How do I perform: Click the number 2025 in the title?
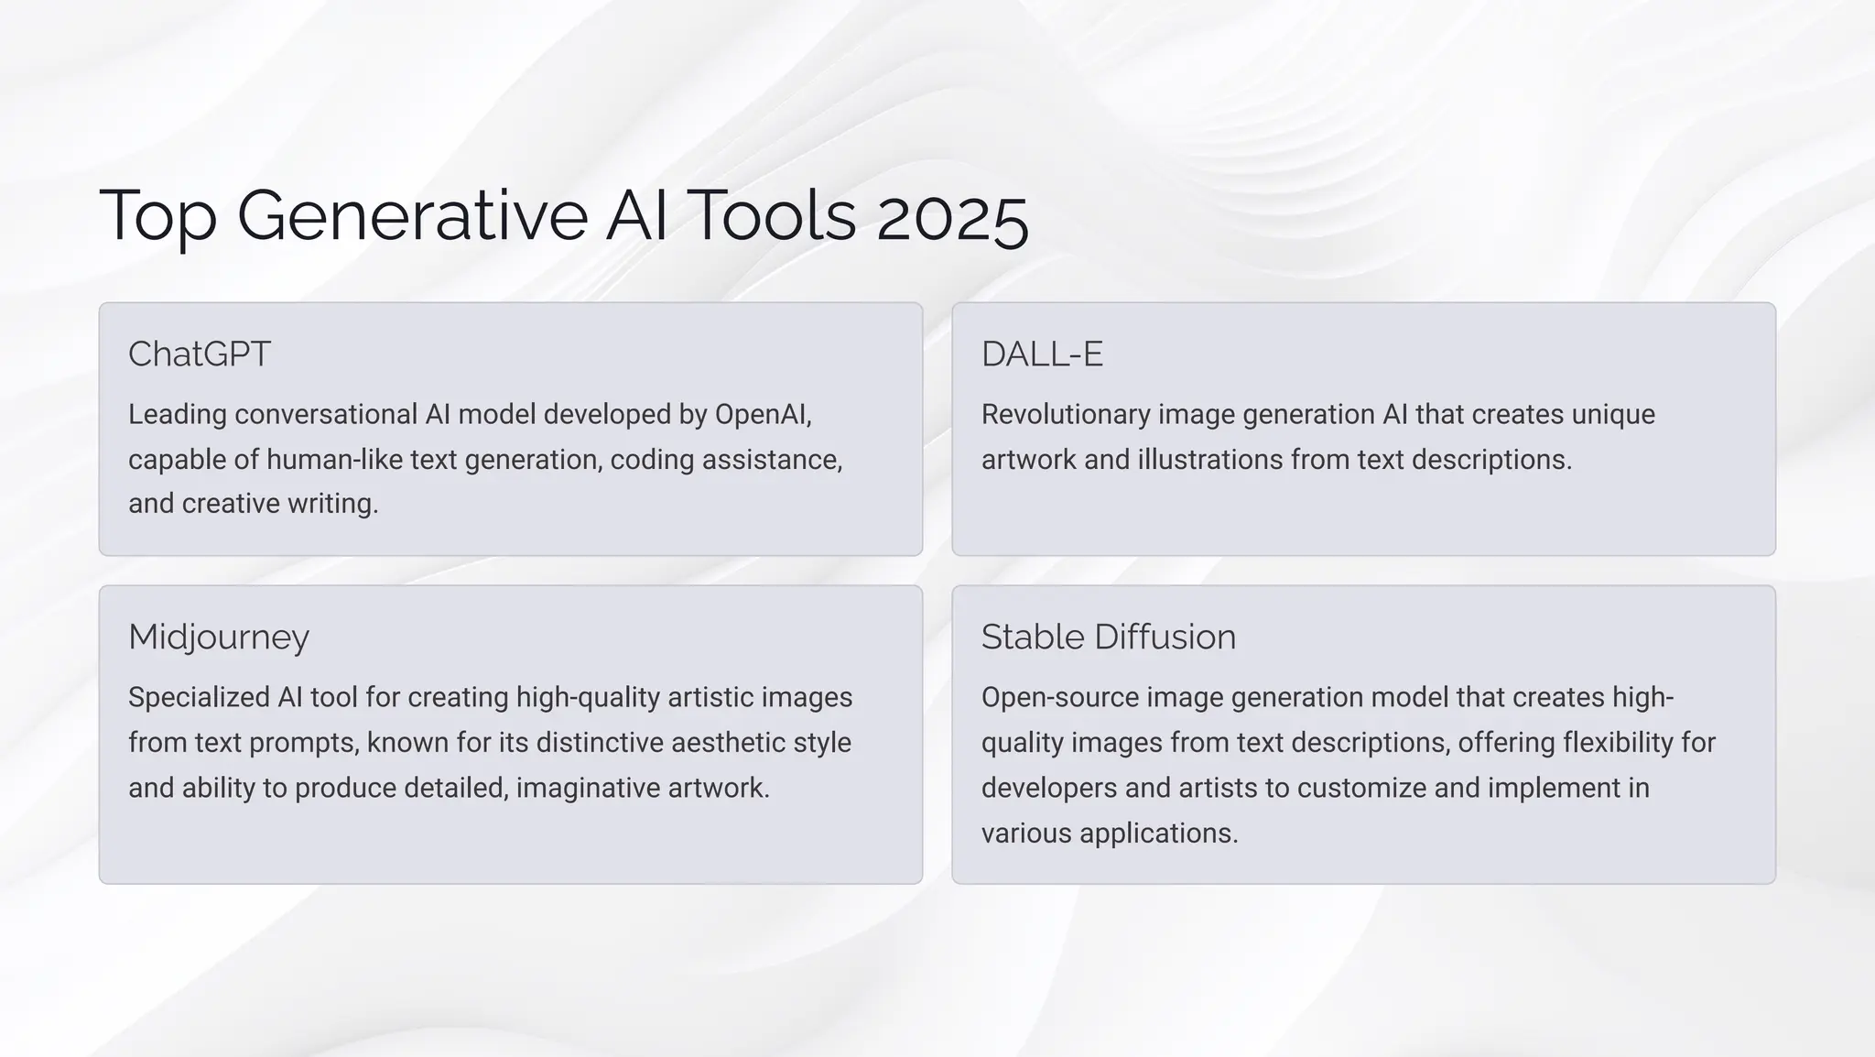coord(952,216)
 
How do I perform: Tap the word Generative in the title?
coord(412,216)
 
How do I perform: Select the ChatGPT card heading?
coord(200,354)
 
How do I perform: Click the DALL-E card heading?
coord(1042,354)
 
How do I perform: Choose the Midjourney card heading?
coord(219,637)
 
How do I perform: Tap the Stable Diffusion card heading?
coord(1108,637)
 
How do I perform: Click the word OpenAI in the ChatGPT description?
coord(762,415)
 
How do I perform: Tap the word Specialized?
coord(199,698)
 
